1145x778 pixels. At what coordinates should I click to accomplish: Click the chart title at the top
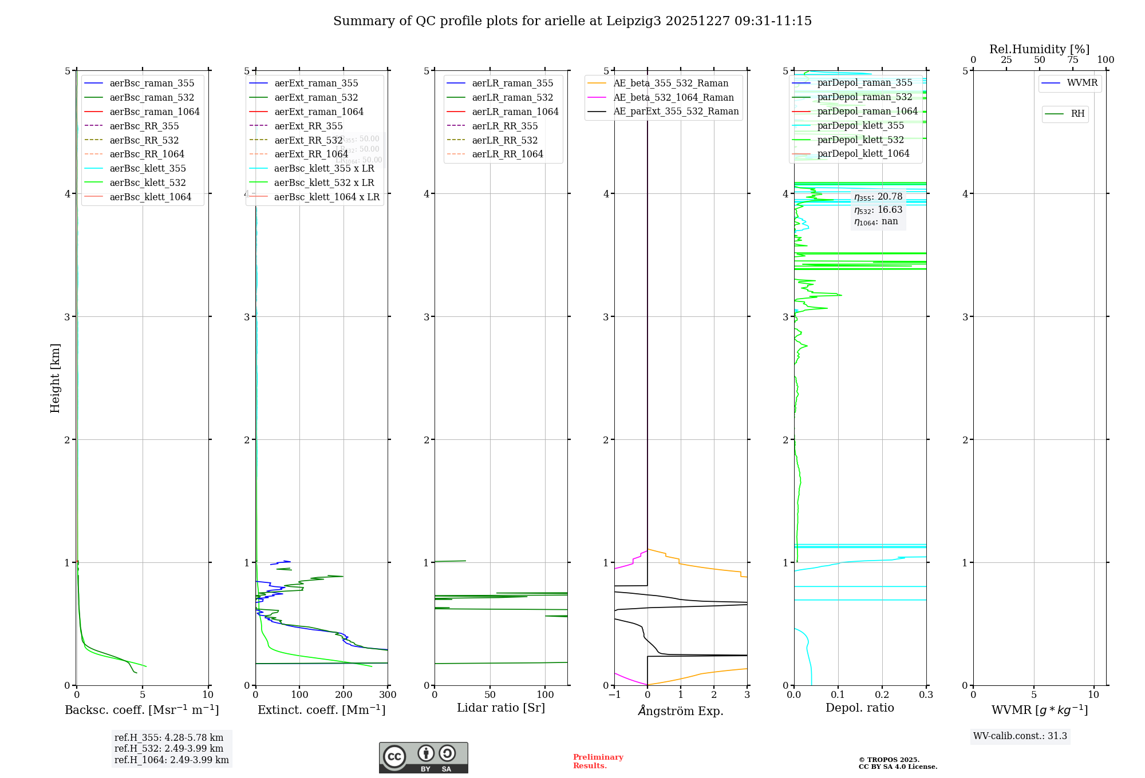[572, 21]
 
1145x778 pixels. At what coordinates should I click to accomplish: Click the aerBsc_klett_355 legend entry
[148, 168]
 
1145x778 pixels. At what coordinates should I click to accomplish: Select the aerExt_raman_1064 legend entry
[319, 112]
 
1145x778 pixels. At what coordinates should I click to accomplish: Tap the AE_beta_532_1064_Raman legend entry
[673, 97]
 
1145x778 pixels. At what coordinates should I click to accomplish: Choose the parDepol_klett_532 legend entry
[860, 140]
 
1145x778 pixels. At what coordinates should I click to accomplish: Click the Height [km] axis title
[55, 378]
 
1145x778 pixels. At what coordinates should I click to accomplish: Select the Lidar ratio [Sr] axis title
[501, 708]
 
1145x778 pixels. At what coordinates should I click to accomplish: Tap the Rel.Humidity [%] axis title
[1039, 49]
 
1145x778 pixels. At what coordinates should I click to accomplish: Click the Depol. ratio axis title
[859, 708]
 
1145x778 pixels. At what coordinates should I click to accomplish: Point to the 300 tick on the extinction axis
[388, 695]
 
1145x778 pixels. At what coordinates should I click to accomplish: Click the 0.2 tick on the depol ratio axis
[882, 695]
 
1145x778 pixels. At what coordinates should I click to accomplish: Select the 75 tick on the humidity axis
[1072, 60]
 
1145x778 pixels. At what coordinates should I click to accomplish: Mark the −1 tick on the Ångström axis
[614, 695]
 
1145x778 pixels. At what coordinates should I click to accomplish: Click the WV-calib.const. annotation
[1020, 736]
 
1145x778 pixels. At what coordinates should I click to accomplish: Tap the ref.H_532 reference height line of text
[169, 748]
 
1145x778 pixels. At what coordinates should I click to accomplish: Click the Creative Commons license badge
[423, 757]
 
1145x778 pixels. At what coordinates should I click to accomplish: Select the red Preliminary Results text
[598, 761]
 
